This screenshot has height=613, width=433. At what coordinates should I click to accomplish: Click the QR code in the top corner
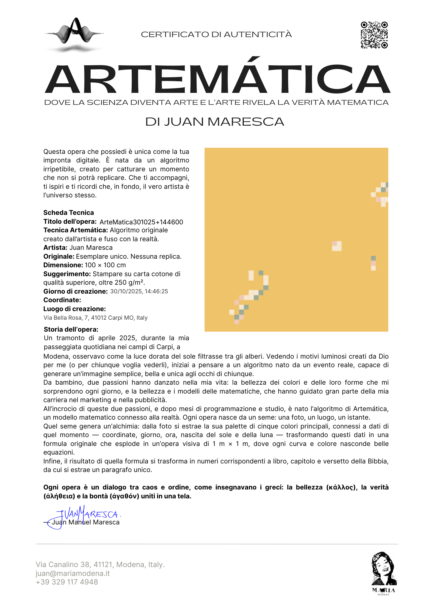point(374,35)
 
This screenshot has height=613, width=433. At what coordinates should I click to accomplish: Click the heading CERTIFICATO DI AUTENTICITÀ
point(216,34)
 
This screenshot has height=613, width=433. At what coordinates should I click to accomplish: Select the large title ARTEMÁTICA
point(217,79)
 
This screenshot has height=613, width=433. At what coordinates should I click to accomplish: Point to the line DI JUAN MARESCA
point(215,122)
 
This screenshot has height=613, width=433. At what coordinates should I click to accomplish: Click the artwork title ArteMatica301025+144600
point(141,222)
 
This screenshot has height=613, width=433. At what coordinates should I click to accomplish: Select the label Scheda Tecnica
point(69,213)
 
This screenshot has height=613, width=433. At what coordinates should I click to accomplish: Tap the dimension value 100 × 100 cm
point(105,265)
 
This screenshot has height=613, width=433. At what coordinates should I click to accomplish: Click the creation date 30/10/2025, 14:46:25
point(139,291)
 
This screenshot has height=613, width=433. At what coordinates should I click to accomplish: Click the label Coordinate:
point(62,300)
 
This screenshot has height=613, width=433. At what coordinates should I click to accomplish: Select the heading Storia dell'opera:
point(71,329)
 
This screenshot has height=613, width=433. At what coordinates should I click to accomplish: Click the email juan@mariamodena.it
point(73,573)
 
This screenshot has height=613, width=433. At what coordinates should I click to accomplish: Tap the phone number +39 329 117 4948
point(67,582)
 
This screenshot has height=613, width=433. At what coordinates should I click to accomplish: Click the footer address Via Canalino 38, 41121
point(100,565)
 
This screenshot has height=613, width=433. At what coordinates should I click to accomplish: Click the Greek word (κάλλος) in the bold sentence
point(341,487)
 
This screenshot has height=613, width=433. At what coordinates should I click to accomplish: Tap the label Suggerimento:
point(67,274)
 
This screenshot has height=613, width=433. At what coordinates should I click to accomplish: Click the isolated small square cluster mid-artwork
point(337,246)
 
